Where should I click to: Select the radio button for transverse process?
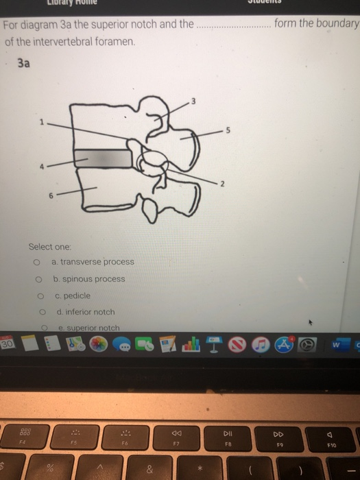(x=34, y=262)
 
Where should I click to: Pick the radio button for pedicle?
(x=40, y=296)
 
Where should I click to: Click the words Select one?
(x=49, y=246)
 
